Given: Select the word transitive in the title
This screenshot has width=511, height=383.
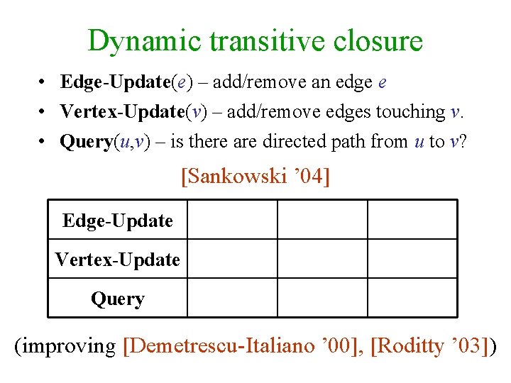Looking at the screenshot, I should pos(260,41).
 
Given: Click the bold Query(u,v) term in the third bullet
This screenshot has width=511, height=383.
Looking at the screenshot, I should pos(105,142).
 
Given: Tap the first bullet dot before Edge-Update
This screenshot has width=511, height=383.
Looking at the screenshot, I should pos(44,83).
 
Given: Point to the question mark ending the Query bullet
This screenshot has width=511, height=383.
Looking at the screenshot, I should pos(462,142).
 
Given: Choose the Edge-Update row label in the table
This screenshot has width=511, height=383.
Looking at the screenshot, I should pos(117,221).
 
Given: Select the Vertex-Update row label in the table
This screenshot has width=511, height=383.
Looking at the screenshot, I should pos(117,260).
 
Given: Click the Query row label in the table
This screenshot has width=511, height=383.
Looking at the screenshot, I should pos(117,299).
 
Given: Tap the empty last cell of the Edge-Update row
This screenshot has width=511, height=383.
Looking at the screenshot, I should pos(412,220).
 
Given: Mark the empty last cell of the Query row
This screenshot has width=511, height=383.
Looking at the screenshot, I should pos(412,298).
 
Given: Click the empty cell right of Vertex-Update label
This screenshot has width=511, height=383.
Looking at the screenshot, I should pos(231,259).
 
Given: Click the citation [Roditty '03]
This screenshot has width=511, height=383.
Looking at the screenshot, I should pos(429,346).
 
